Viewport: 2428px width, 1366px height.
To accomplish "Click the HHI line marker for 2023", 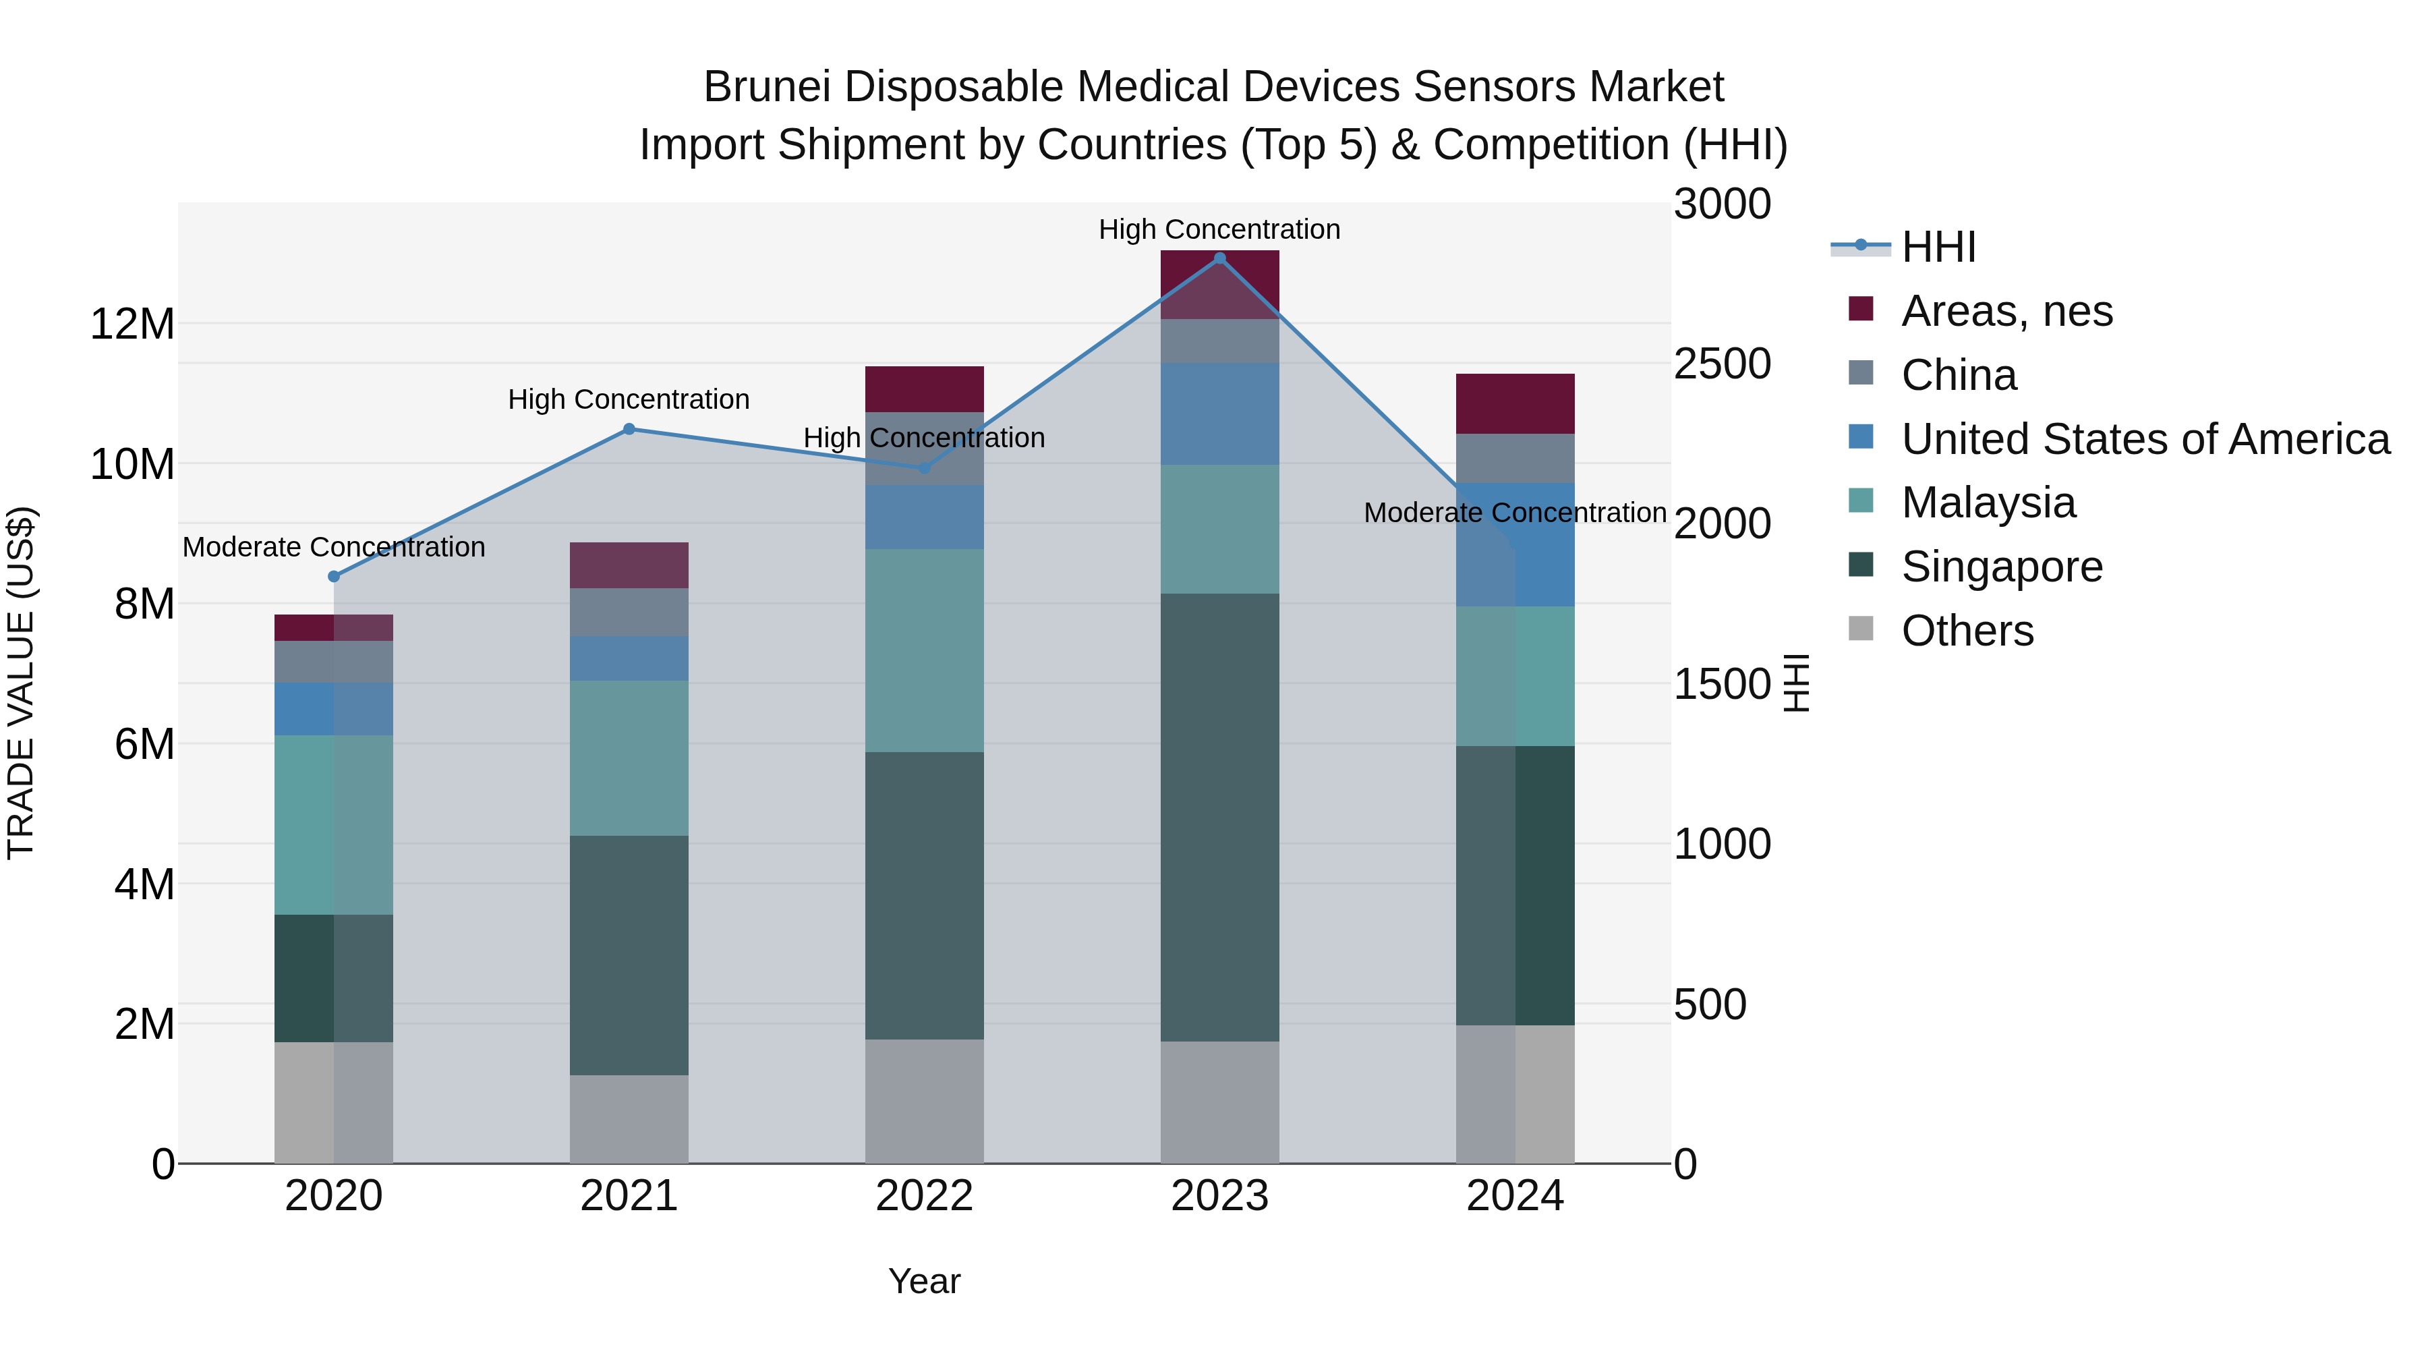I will (1219, 258).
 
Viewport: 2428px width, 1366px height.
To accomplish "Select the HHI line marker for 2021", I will (629, 429).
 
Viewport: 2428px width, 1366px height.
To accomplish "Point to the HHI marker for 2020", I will (334, 576).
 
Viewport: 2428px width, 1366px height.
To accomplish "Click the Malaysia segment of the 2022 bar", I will (924, 650).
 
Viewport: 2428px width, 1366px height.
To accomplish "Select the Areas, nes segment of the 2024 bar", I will (1515, 403).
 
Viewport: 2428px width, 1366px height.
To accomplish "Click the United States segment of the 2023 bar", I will (1219, 414).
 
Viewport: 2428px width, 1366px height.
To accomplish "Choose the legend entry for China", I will (1958, 375).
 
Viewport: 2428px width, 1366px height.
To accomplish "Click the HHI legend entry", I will (1938, 247).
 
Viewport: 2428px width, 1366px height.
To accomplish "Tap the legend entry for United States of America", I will (2144, 439).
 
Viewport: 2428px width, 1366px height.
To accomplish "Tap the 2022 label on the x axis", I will (924, 1196).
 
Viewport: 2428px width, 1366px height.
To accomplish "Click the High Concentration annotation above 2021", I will (629, 400).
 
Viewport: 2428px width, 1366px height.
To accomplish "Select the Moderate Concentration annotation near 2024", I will (1515, 513).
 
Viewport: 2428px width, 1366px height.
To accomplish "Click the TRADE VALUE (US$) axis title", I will (22, 683).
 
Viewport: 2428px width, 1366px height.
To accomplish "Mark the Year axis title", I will (924, 1281).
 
